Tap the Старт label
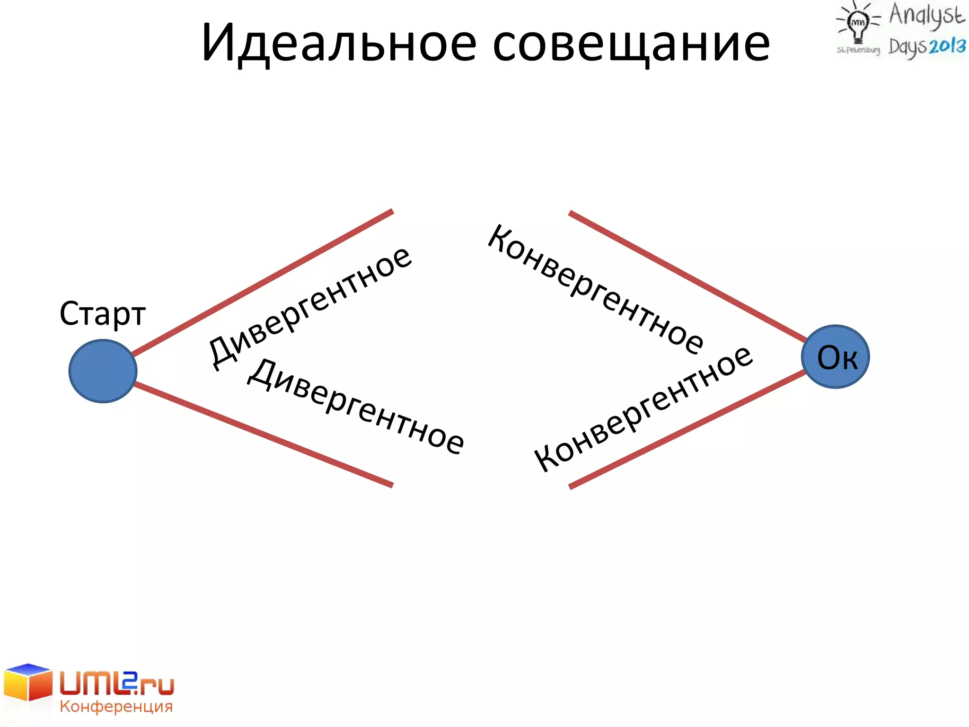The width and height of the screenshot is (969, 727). click(102, 313)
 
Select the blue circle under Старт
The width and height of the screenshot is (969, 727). click(103, 371)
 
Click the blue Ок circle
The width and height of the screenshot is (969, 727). click(836, 357)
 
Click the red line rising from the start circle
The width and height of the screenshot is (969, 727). click(263, 283)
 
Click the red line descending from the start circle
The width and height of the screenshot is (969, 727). click(263, 434)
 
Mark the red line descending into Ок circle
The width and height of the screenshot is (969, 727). click(686, 277)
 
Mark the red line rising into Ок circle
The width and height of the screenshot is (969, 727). click(686, 429)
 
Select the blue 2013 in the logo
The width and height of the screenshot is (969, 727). click(946, 46)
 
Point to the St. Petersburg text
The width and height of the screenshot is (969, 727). click(858, 50)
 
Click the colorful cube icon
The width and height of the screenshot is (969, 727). click(27, 682)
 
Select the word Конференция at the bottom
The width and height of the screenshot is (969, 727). click(116, 707)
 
